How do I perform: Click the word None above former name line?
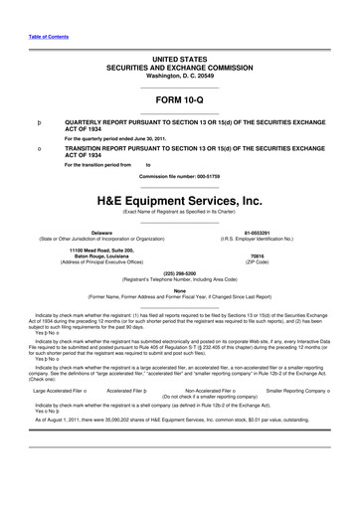pyautogui.click(x=180, y=290)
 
